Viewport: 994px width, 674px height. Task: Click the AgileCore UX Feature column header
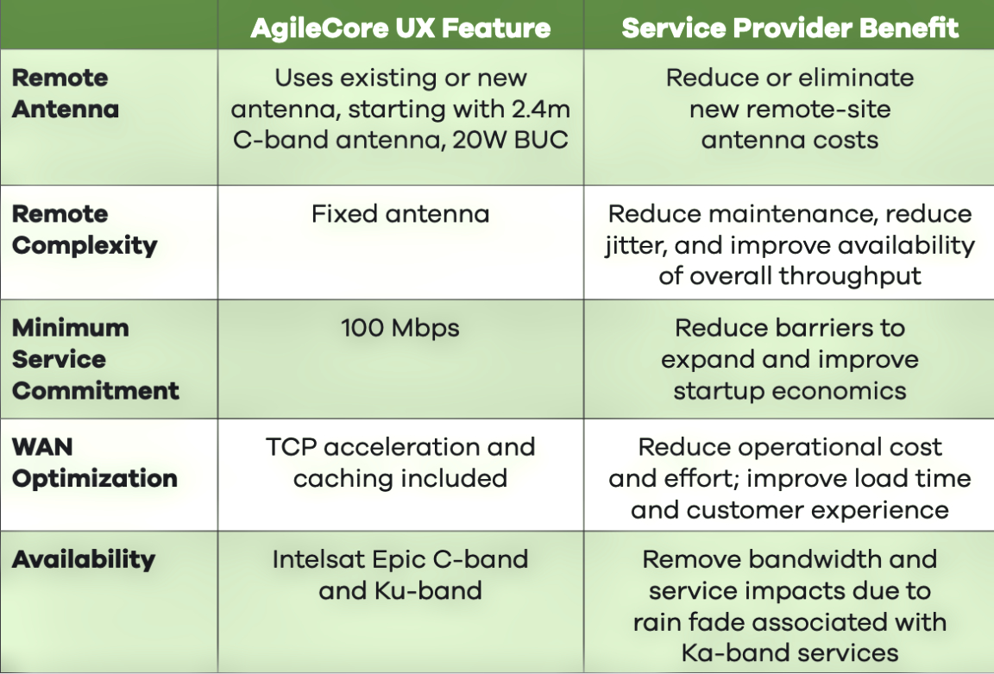(400, 28)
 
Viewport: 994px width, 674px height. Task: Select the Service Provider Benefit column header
(790, 28)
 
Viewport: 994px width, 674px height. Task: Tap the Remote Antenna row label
(66, 93)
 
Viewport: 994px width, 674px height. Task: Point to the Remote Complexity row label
(85, 230)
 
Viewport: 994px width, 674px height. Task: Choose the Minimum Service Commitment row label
(95, 359)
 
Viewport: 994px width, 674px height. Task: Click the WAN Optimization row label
(94, 463)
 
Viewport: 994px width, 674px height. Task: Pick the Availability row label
(83, 559)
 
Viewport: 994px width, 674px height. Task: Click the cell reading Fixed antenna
(400, 213)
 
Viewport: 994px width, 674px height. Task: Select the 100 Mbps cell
(400, 328)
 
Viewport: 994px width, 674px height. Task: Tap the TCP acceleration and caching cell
(400, 463)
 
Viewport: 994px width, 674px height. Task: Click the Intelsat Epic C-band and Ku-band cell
(400, 575)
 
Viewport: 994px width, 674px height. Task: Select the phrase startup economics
(790, 391)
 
